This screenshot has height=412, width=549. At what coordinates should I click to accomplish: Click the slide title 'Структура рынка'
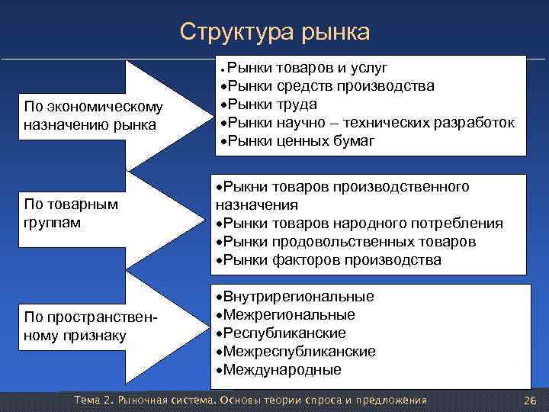(x=274, y=31)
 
